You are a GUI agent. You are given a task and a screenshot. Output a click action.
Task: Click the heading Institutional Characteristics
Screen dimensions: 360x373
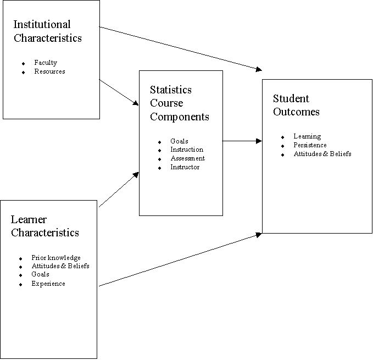pyautogui.click(x=47, y=31)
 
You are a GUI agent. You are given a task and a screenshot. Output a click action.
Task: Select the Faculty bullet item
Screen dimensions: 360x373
pyautogui.click(x=45, y=63)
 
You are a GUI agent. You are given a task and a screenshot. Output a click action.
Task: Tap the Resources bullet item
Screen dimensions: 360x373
pyautogui.click(x=49, y=71)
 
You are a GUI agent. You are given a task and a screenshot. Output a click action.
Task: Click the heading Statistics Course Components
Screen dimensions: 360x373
pyautogui.click(x=179, y=103)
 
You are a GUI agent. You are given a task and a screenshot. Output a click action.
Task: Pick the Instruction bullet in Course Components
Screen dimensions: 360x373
pyautogui.click(x=186, y=149)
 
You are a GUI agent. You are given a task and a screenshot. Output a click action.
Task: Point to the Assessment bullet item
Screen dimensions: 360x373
pyautogui.click(x=187, y=158)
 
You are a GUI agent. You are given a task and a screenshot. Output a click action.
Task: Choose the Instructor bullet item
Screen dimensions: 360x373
pyautogui.click(x=185, y=167)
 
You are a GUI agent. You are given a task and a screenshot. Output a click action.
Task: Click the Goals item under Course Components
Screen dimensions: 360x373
pyautogui.click(x=179, y=141)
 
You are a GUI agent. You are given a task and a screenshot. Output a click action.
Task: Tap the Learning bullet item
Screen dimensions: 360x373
pyautogui.click(x=307, y=136)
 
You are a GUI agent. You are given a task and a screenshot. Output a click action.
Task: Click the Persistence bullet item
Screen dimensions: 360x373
pyautogui.click(x=310, y=145)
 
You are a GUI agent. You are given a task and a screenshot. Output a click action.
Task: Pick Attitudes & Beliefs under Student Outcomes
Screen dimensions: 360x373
pyautogui.click(x=322, y=154)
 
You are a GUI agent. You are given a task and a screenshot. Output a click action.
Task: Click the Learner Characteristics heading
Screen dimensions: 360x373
pyautogui.click(x=44, y=226)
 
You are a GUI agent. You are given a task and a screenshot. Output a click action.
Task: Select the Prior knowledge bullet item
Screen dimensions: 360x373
pyautogui.click(x=55, y=258)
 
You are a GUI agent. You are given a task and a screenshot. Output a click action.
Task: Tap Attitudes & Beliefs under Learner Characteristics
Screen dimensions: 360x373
pyautogui.click(x=60, y=266)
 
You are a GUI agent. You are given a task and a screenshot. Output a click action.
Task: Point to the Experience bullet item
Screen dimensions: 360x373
pyautogui.click(x=48, y=284)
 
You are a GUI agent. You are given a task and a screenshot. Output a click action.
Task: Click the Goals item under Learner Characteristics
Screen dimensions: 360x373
pyautogui.click(x=40, y=274)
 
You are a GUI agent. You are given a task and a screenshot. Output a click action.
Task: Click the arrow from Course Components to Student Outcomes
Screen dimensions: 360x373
pyautogui.click(x=242, y=141)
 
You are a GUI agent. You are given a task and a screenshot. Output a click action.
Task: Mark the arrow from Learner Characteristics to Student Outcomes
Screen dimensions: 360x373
pyautogui.click(x=181, y=259)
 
